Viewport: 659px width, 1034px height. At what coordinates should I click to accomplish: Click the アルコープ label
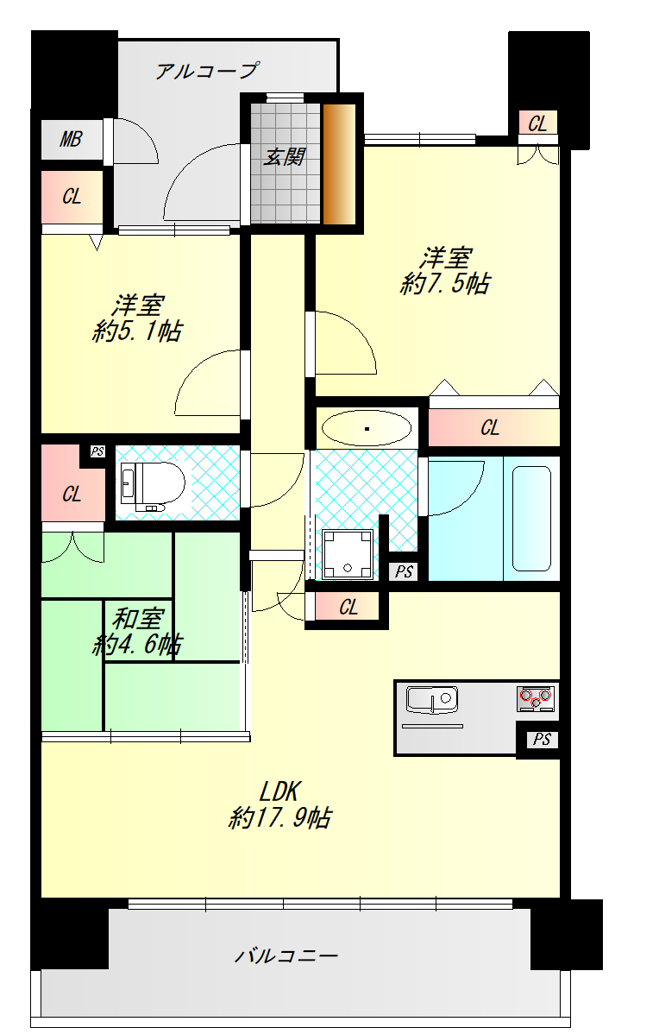[x=207, y=70]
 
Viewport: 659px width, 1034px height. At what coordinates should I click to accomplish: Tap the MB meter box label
[x=72, y=139]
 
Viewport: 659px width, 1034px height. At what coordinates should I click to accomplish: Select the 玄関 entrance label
[x=285, y=156]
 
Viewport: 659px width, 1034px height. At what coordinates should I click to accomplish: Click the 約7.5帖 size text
[x=445, y=284]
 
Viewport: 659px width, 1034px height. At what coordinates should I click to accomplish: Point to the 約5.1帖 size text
[x=137, y=331]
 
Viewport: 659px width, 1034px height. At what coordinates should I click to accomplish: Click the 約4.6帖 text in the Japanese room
[x=137, y=644]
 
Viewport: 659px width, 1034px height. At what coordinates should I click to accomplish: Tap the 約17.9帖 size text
[x=280, y=817]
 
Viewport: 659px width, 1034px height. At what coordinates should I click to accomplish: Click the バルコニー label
[x=286, y=955]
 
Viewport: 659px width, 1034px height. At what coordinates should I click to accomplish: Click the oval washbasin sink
[x=367, y=429]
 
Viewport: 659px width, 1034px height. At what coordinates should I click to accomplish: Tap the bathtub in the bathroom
[x=531, y=519]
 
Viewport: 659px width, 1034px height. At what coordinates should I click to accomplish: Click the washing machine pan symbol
[x=348, y=555]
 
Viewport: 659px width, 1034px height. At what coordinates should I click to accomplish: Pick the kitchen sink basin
[x=431, y=700]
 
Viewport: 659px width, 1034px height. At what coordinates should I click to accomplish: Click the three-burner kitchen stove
[x=536, y=698]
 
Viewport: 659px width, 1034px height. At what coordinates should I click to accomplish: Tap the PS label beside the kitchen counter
[x=542, y=739]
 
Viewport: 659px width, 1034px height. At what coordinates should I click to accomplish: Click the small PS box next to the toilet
[x=97, y=451]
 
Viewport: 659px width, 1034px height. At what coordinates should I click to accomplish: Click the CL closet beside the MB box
[x=72, y=197]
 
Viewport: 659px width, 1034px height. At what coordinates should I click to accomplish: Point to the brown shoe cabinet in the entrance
[x=339, y=163]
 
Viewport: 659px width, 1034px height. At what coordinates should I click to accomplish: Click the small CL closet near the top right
[x=537, y=123]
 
